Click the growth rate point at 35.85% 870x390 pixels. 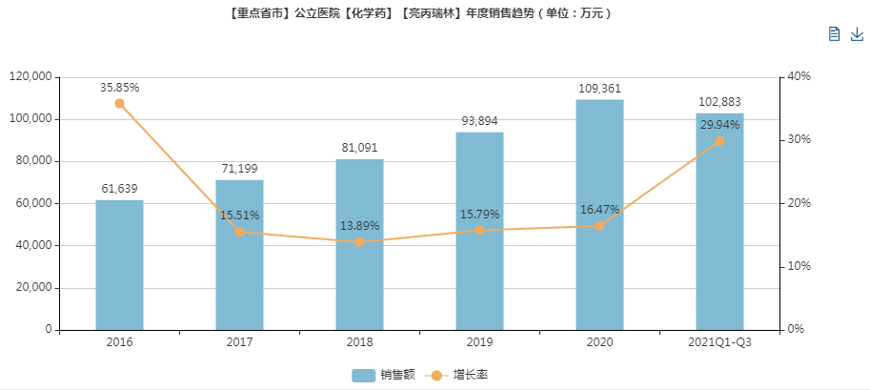pyautogui.click(x=119, y=103)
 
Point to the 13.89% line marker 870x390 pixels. pyautogui.click(x=359, y=242)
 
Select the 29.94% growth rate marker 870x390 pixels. pyautogui.click(x=719, y=140)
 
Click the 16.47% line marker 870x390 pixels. pyautogui.click(x=599, y=226)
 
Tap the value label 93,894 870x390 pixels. pyautogui.click(x=479, y=120)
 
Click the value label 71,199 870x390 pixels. pyautogui.click(x=239, y=168)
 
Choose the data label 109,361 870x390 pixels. pyautogui.click(x=599, y=88)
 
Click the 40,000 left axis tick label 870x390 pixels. pyautogui.click(x=32, y=245)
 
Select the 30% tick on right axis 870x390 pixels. pyautogui.click(x=799, y=140)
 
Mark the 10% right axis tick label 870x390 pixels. pyautogui.click(x=799, y=266)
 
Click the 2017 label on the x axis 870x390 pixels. pyautogui.click(x=239, y=342)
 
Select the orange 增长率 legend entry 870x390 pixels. pyautogui.click(x=461, y=375)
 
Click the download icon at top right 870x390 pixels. pyautogui.click(x=856, y=34)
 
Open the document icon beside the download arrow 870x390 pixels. pyautogui.click(x=834, y=34)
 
